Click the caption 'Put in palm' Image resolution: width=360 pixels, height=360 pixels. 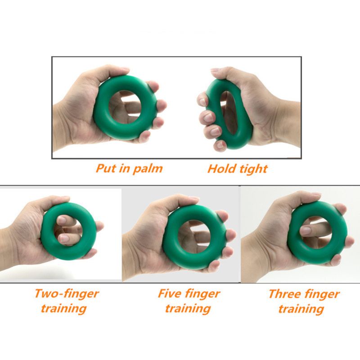(x=129, y=169)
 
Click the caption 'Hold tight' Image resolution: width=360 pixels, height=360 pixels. (x=237, y=169)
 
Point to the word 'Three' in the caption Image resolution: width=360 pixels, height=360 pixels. (x=284, y=294)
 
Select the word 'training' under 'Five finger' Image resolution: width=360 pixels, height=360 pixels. (x=188, y=309)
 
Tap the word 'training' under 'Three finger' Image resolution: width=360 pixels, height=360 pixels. (x=301, y=309)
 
